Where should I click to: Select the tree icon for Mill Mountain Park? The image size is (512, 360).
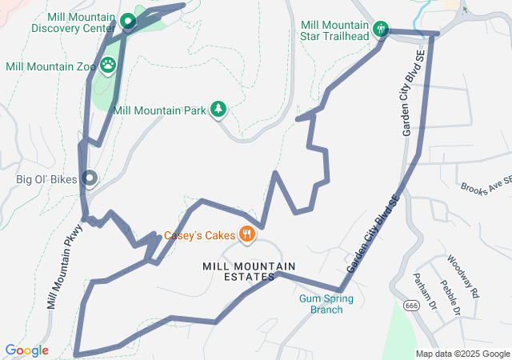[218, 110]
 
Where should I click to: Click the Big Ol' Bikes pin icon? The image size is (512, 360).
[90, 179]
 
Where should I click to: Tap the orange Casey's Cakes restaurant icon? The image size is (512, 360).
[247, 234]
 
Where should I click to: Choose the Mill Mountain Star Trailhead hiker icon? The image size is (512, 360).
[382, 30]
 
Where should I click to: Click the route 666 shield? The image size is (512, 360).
[411, 305]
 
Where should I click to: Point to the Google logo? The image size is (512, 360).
[26, 350]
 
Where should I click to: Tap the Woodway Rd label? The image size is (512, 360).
[462, 274]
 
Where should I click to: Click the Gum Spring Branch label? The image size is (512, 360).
[326, 304]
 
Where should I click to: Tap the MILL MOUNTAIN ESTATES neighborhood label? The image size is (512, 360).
[238, 270]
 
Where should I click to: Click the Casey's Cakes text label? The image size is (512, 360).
[200, 235]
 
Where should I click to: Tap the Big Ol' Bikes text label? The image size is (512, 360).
[46, 179]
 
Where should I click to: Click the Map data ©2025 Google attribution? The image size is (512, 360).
[462, 354]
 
